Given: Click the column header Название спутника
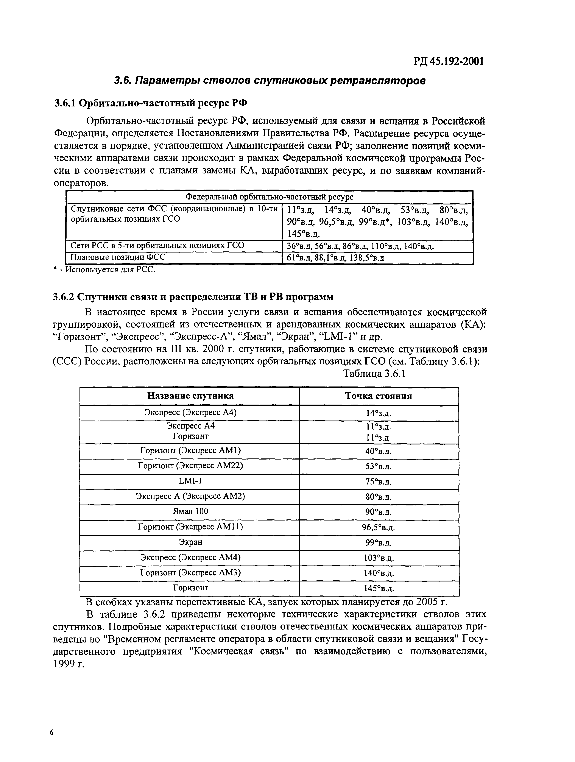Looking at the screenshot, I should (190, 396).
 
